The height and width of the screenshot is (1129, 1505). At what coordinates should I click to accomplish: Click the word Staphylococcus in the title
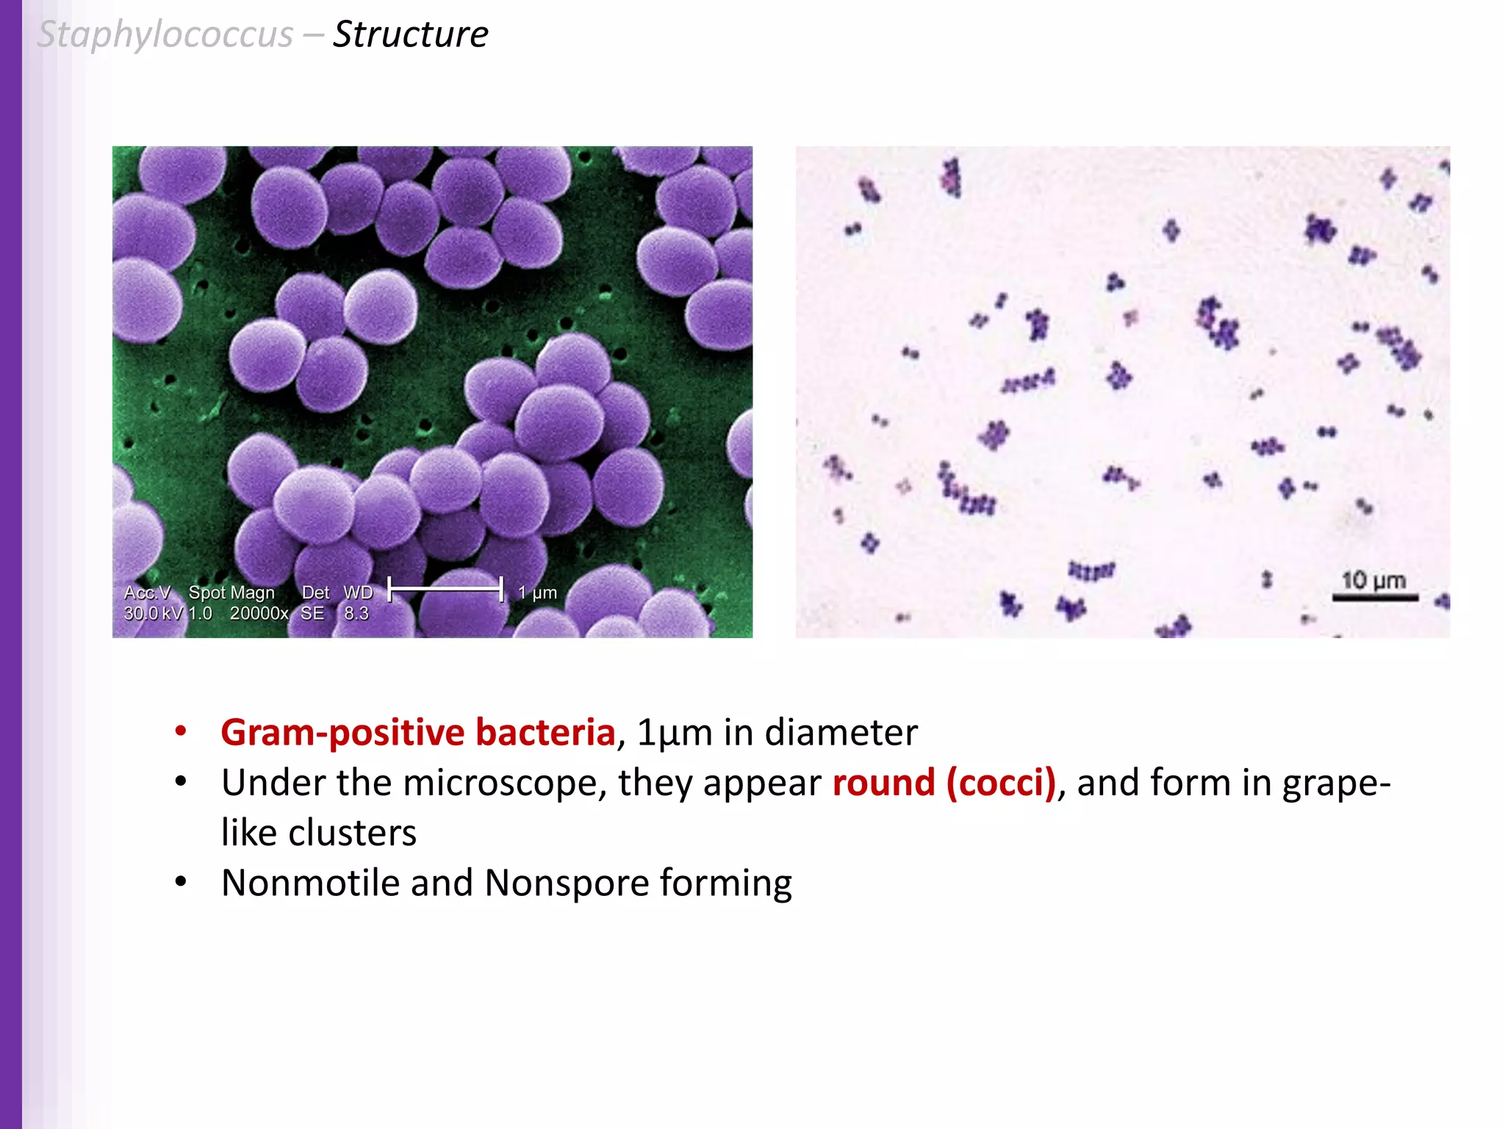[x=165, y=35]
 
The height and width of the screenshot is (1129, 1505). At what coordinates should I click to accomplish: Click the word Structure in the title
[x=410, y=35]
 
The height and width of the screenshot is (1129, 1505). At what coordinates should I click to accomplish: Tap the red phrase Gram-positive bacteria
[x=417, y=732]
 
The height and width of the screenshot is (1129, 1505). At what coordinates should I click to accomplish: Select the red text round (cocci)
[x=944, y=782]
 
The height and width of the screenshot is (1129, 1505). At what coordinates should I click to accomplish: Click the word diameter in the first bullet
[x=841, y=732]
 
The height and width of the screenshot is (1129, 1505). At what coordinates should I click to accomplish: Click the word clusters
[x=352, y=833]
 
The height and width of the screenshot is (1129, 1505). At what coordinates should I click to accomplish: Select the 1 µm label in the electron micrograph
[x=537, y=592]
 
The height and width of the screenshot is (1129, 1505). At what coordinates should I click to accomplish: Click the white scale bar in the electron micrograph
[x=445, y=589]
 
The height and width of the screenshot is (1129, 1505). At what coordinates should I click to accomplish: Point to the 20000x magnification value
[x=259, y=613]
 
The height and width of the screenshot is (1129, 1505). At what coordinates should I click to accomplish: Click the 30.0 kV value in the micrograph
[x=152, y=613]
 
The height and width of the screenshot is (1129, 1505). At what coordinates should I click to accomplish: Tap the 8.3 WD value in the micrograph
[x=356, y=613]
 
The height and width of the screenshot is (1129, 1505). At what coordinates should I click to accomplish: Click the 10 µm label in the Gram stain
[x=1373, y=581]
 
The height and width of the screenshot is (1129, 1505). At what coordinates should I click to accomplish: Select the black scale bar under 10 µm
[x=1375, y=598]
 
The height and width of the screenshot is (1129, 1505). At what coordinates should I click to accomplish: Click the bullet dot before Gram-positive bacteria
[x=181, y=731]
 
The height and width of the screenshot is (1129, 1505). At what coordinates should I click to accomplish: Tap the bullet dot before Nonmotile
[x=181, y=881]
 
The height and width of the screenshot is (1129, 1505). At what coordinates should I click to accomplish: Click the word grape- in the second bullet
[x=1336, y=782]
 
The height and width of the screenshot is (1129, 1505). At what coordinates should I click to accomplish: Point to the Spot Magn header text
[x=231, y=592]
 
